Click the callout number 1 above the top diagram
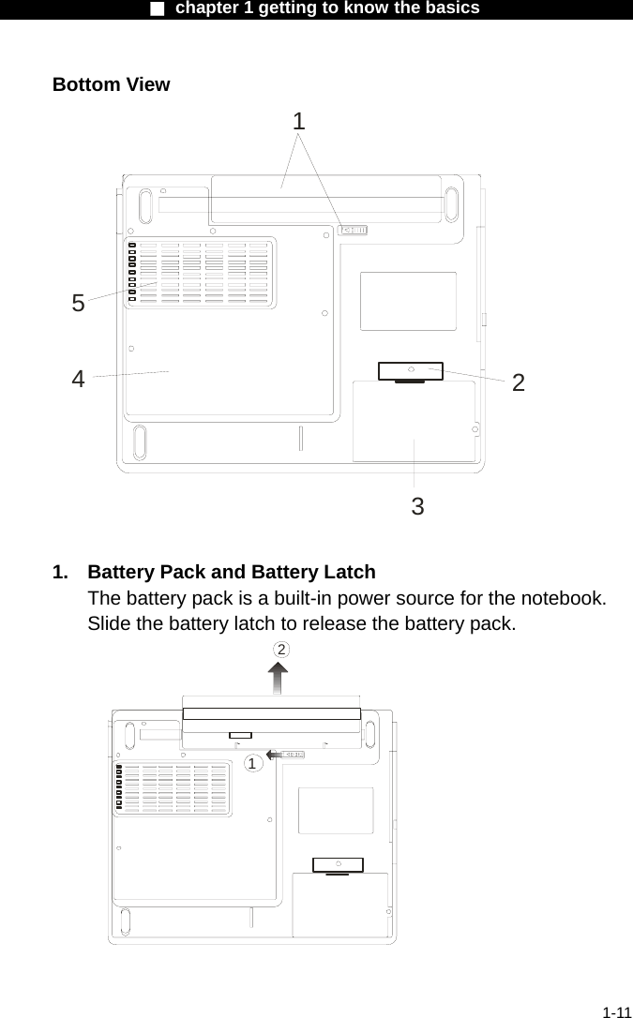pos(298,121)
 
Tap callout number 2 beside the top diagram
pos(518,382)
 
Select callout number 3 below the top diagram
pos(417,507)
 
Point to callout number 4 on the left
pos(79,379)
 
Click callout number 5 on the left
pos(79,303)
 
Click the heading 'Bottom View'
pos(111,84)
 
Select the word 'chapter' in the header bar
pos(206,8)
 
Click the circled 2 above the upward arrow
pos(280,650)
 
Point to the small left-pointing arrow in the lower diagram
pos(275,754)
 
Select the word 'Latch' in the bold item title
pos(348,572)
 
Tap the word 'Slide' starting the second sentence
pos(110,624)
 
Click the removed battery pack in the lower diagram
pos(272,712)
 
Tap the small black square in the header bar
pos(158,8)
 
